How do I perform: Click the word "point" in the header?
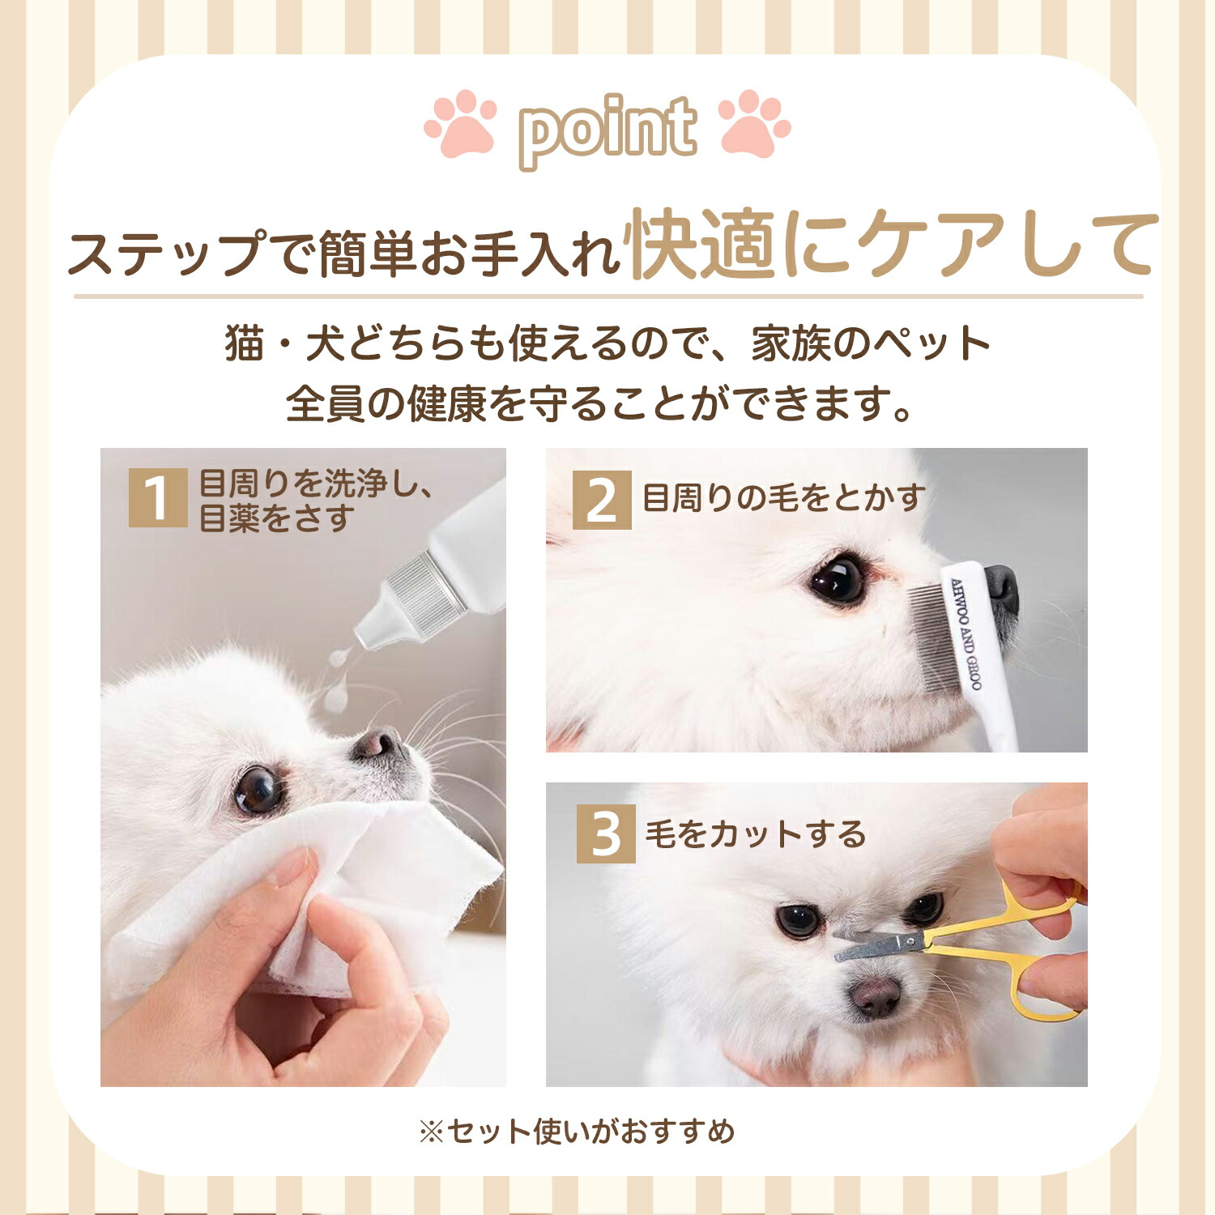click(607, 130)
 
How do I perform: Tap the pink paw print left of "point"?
click(461, 123)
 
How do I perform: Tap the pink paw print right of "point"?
click(754, 123)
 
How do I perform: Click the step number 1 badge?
click(158, 497)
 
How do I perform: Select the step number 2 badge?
click(602, 500)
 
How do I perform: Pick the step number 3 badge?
click(606, 834)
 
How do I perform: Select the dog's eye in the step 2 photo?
click(838, 578)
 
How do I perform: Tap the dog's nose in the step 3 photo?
click(875, 996)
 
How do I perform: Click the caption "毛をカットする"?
click(756, 834)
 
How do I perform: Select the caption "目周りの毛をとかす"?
click(783, 497)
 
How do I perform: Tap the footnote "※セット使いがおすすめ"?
click(576, 1131)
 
